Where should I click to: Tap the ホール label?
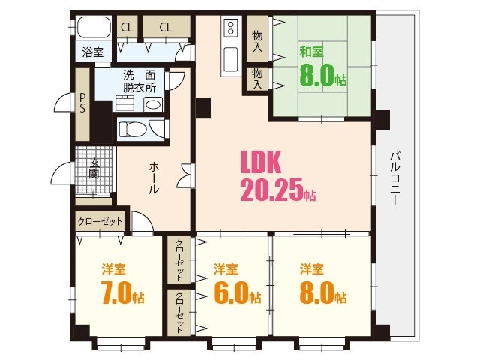[153, 178]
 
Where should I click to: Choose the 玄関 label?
[94, 173]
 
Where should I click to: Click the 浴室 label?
[93, 52]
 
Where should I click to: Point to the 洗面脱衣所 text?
[139, 81]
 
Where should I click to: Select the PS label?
[82, 102]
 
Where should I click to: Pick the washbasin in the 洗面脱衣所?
[153, 104]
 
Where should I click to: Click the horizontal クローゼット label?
[100, 222]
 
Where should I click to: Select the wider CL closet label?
[165, 27]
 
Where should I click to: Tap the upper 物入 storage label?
[257, 40]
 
